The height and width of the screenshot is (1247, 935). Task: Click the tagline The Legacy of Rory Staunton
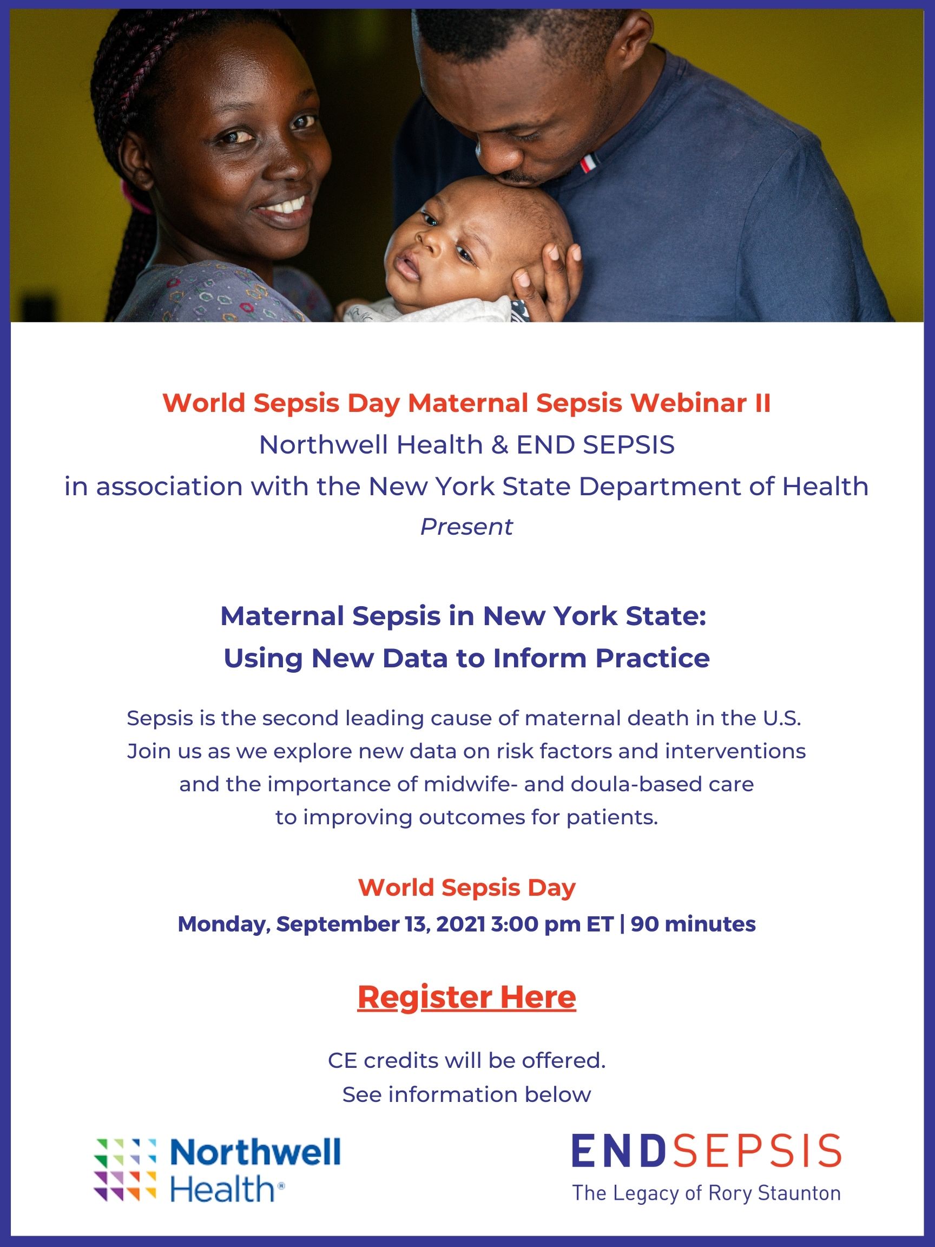click(x=706, y=1193)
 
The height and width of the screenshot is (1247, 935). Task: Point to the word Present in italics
click(x=466, y=527)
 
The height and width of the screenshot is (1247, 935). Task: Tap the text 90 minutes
click(x=693, y=924)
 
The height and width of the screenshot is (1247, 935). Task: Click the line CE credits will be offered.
click(x=466, y=1060)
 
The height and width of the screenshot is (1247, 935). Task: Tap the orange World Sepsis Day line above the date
click(x=466, y=888)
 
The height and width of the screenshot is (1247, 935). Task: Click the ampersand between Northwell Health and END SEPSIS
click(x=499, y=445)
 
